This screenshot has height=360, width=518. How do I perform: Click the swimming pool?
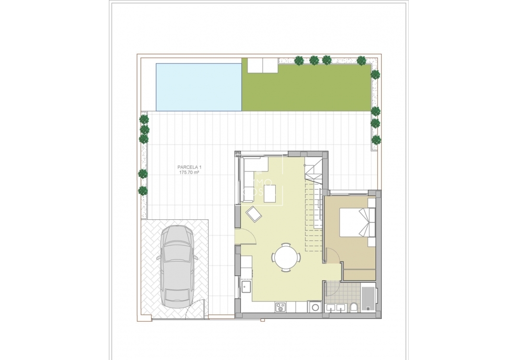199,87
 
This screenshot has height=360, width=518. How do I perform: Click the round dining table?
286,257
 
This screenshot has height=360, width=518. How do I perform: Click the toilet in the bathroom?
354,308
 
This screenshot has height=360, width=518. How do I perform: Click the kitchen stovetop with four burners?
281,306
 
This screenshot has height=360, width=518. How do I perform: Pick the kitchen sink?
246,287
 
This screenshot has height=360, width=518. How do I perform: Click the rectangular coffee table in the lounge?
269,194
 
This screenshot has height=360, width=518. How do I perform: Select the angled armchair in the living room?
254,214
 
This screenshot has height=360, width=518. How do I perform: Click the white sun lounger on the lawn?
262,65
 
